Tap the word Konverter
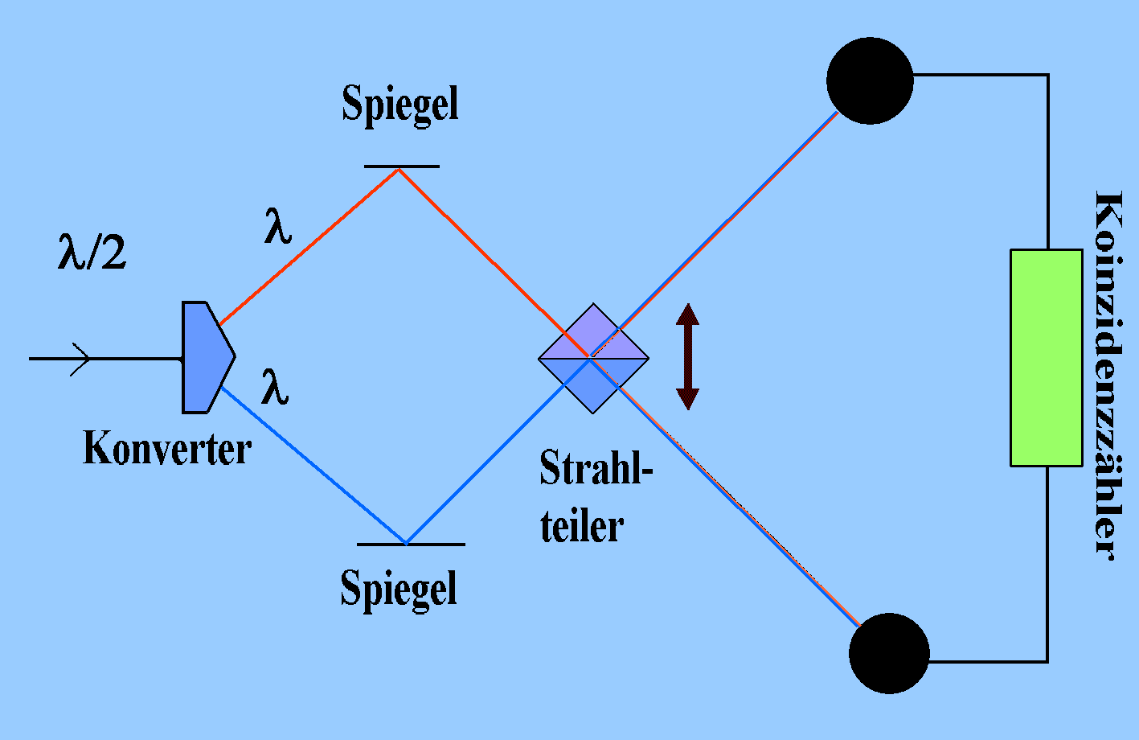[167, 449]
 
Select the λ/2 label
[92, 252]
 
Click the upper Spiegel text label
[400, 104]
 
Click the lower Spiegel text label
[399, 588]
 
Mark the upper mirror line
[401, 166]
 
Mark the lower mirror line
[411, 545]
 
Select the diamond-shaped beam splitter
[593, 358]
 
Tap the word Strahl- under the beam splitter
[596, 469]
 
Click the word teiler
[582, 526]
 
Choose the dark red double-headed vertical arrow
[687, 356]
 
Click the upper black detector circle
[870, 80]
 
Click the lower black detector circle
[889, 653]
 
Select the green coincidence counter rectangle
[1046, 358]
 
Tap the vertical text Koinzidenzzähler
[1107, 374]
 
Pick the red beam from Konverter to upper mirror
[309, 246]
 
